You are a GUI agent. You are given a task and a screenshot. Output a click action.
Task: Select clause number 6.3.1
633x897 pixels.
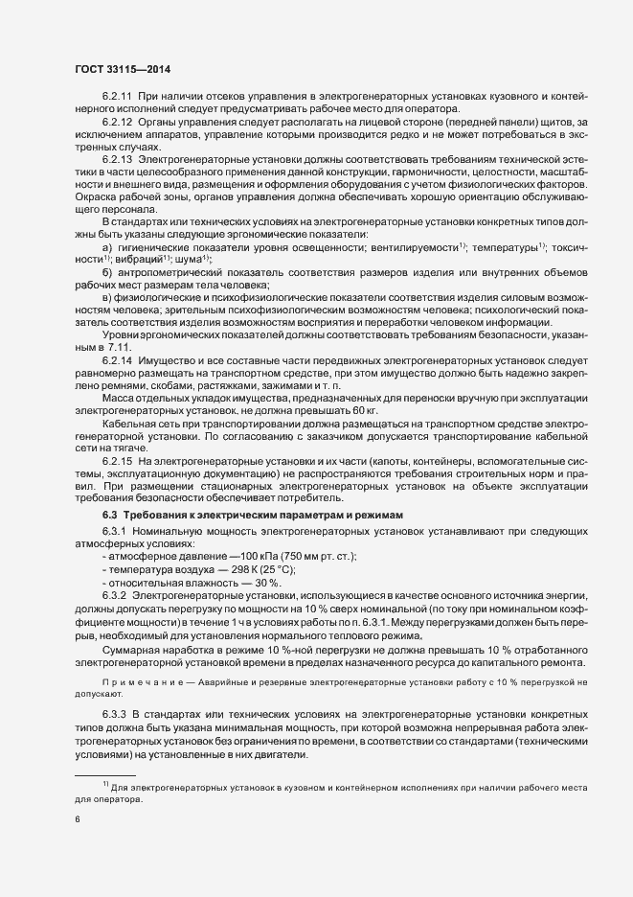[116, 530]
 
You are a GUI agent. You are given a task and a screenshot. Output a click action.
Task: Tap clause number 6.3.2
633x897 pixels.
[116, 595]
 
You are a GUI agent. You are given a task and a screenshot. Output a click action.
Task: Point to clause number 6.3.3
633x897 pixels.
[116, 715]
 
